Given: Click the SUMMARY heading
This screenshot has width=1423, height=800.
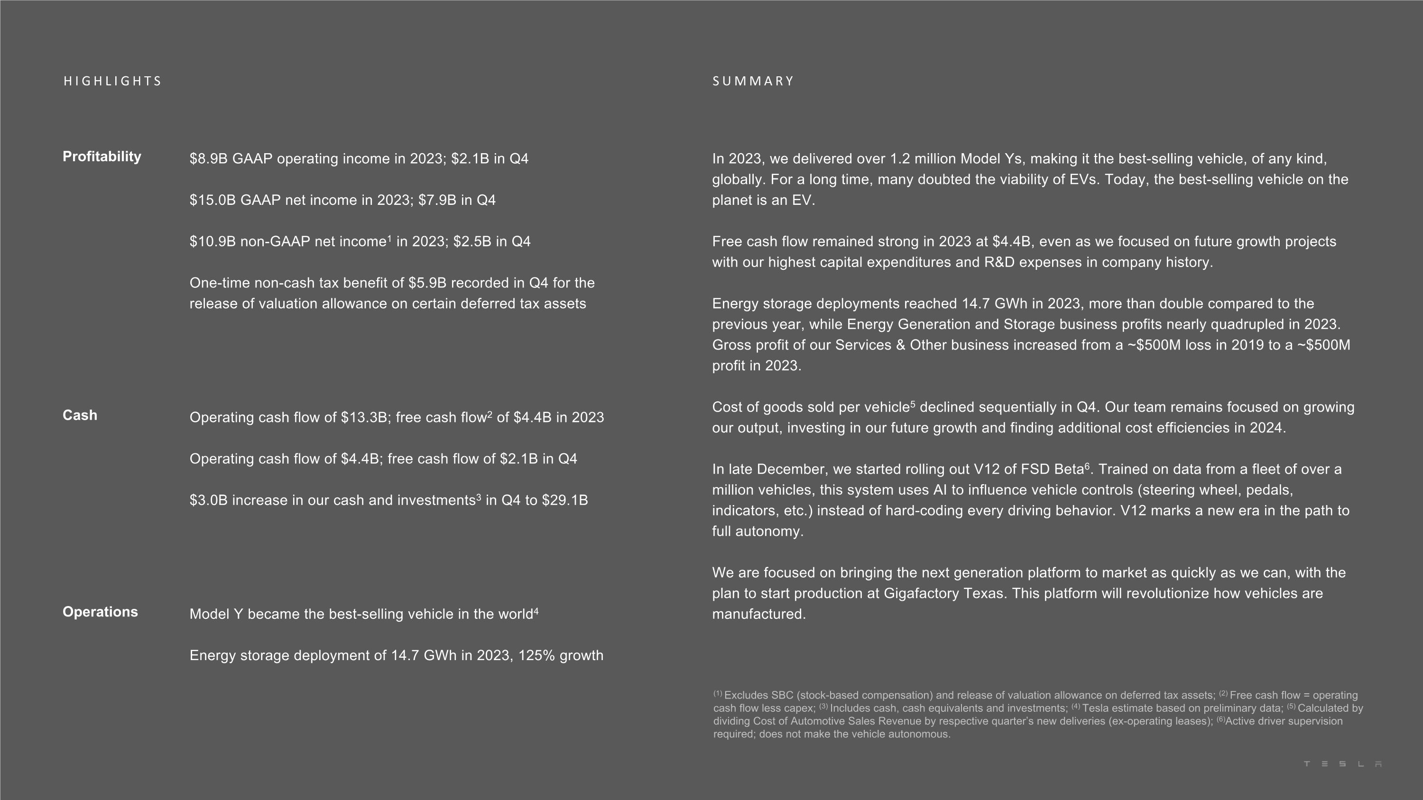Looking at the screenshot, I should click(x=753, y=81).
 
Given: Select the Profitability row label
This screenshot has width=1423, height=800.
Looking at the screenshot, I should click(x=102, y=157).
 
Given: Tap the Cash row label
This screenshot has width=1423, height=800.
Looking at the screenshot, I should click(x=80, y=415).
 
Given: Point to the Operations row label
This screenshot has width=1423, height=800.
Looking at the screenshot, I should click(x=100, y=612).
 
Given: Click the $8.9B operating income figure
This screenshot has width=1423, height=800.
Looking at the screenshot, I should click(x=208, y=159).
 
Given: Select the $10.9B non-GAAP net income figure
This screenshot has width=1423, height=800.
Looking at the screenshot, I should click(x=212, y=242).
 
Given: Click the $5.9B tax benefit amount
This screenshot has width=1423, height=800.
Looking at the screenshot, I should click(x=427, y=283).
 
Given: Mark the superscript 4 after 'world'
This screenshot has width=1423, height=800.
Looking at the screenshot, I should click(x=536, y=611).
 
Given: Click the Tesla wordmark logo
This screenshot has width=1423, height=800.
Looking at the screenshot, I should click(x=1342, y=764).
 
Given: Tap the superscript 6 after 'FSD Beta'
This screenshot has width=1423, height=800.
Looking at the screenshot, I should click(x=1087, y=467).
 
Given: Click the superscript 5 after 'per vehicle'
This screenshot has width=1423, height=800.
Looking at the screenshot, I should click(x=913, y=404).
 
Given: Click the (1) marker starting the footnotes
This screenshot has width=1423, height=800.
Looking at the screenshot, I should click(x=718, y=693).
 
